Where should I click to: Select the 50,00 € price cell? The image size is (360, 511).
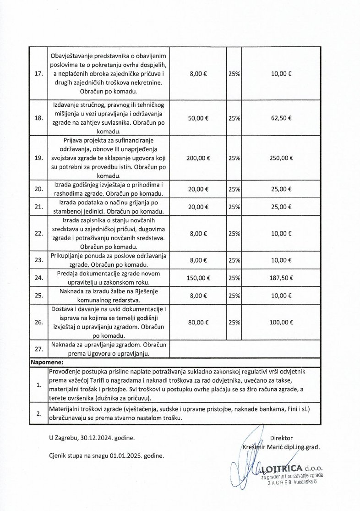pos(198,118)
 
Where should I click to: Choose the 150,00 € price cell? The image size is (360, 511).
pos(198,277)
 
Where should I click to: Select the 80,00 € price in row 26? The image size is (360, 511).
pos(198,323)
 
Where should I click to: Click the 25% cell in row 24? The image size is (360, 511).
pos(235,277)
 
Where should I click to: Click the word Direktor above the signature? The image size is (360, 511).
pos(281,438)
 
